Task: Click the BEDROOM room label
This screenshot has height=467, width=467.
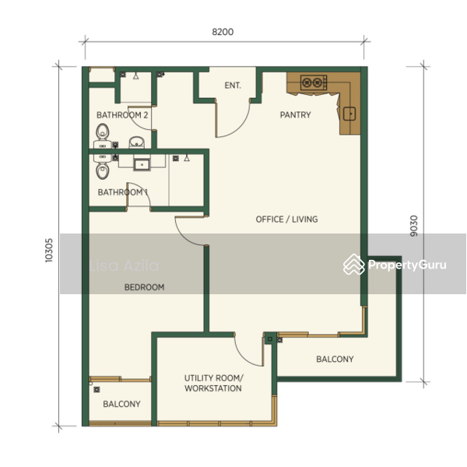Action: pyautogui.click(x=145, y=287)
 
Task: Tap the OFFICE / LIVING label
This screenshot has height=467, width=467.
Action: pyautogui.click(x=286, y=219)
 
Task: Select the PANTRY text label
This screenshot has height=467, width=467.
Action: pyautogui.click(x=295, y=115)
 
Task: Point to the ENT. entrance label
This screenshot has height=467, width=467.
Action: pyautogui.click(x=232, y=86)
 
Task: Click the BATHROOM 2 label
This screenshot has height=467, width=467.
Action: pyautogui.click(x=122, y=115)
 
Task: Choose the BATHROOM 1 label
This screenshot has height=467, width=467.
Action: pyautogui.click(x=122, y=192)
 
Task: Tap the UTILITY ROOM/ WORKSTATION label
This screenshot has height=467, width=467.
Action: pyautogui.click(x=212, y=383)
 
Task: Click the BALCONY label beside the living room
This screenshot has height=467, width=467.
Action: pyautogui.click(x=335, y=360)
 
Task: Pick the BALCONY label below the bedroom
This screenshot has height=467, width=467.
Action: pyautogui.click(x=122, y=404)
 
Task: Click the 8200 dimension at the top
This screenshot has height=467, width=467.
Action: pyautogui.click(x=223, y=33)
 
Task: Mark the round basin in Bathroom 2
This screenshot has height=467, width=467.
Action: pyautogui.click(x=137, y=142)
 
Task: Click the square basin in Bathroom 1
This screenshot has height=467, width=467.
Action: pyautogui.click(x=142, y=163)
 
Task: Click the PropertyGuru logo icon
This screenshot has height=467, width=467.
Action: pyautogui.click(x=354, y=265)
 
